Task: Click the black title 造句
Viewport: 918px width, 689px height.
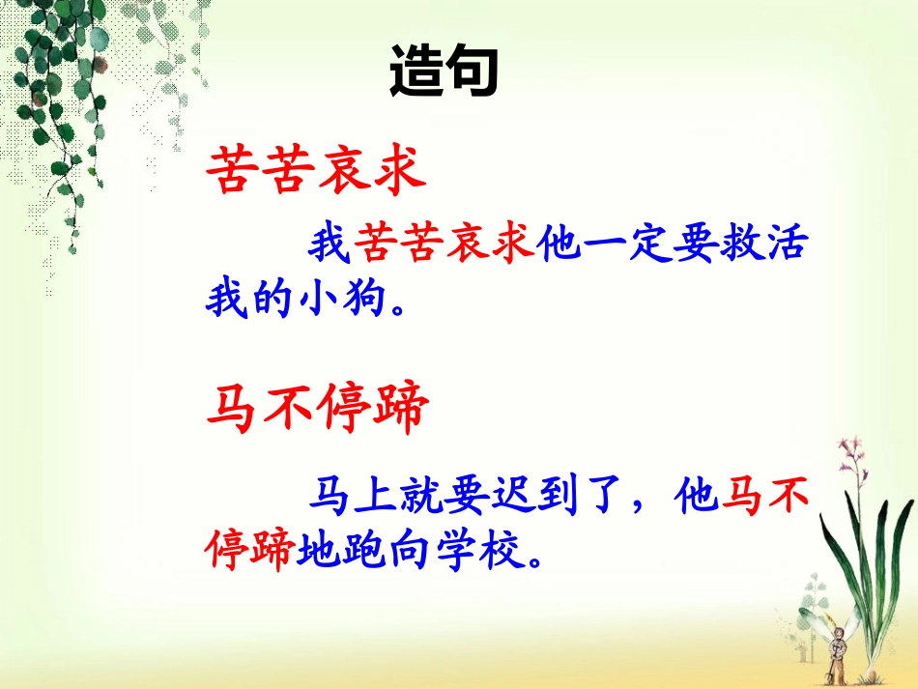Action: [x=444, y=72]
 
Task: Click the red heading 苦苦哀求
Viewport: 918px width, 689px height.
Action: [x=317, y=172]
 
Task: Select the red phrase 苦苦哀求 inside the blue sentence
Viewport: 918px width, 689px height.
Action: [x=445, y=247]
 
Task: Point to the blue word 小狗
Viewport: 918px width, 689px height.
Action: [x=339, y=301]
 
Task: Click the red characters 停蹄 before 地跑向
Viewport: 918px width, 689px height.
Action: [x=249, y=549]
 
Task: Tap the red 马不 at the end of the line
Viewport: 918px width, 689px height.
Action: [x=762, y=497]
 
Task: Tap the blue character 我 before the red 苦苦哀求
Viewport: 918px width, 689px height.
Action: [x=330, y=247]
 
